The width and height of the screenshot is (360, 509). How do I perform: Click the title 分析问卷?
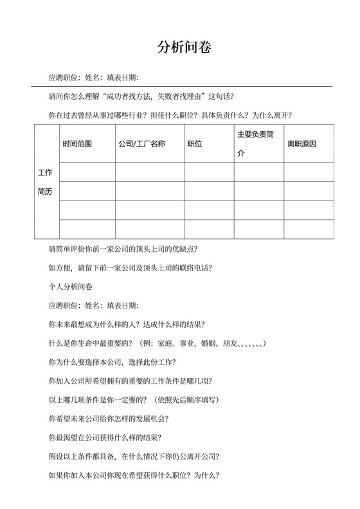click(184, 47)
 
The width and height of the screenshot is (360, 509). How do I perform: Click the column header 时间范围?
click(77, 144)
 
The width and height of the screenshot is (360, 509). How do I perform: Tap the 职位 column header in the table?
click(194, 144)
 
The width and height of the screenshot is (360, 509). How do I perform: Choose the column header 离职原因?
click(301, 144)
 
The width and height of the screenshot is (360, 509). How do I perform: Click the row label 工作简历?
click(45, 182)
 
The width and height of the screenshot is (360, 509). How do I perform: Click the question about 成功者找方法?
click(142, 97)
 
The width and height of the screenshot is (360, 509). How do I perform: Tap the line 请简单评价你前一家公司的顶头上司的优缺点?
click(123, 249)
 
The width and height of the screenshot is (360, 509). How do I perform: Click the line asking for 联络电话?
click(130, 267)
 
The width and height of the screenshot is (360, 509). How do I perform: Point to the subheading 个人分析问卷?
click(70, 286)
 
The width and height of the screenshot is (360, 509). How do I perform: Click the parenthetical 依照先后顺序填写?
click(186, 399)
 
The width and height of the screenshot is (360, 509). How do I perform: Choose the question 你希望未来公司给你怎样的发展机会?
click(109, 418)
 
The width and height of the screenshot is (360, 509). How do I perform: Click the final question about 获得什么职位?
click(134, 476)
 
